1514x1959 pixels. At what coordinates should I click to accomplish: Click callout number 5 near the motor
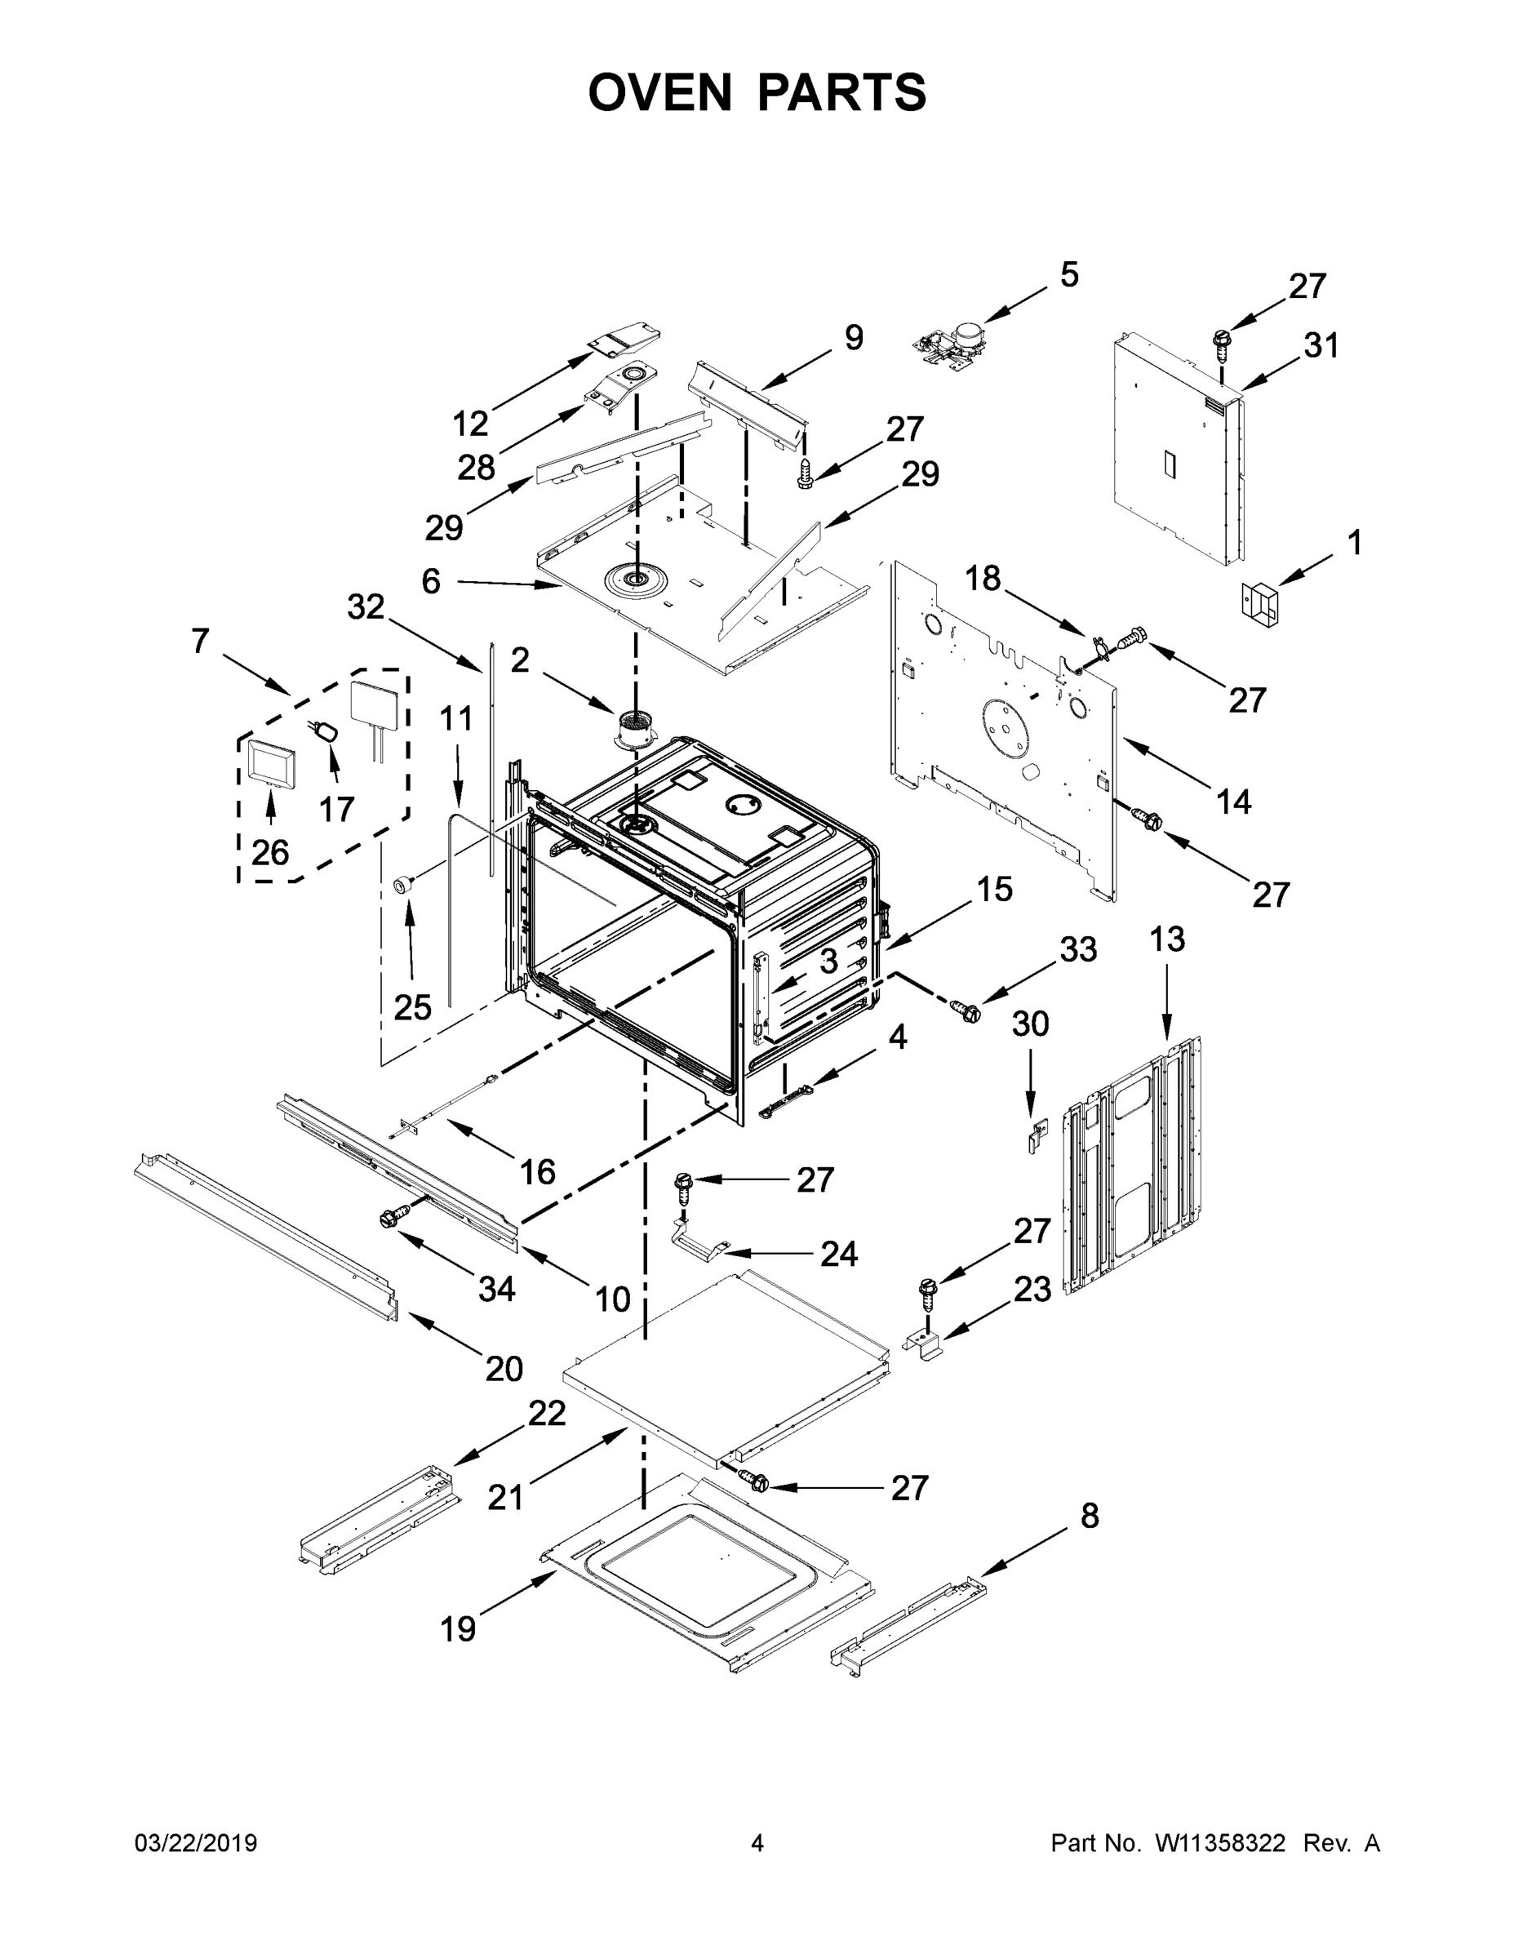[x=1069, y=274]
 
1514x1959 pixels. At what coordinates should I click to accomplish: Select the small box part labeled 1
[x=1259, y=599]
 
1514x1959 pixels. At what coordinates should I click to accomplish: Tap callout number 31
[x=1321, y=344]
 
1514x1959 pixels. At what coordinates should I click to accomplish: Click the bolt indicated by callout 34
[x=391, y=1217]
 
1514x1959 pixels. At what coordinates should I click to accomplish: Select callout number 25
[x=413, y=1007]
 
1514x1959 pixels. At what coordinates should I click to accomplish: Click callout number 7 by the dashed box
[x=200, y=641]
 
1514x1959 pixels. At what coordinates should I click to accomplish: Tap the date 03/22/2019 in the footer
[x=196, y=1842]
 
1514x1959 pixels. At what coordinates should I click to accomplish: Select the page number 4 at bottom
[x=757, y=1842]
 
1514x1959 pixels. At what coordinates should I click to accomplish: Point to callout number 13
[x=1167, y=940]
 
